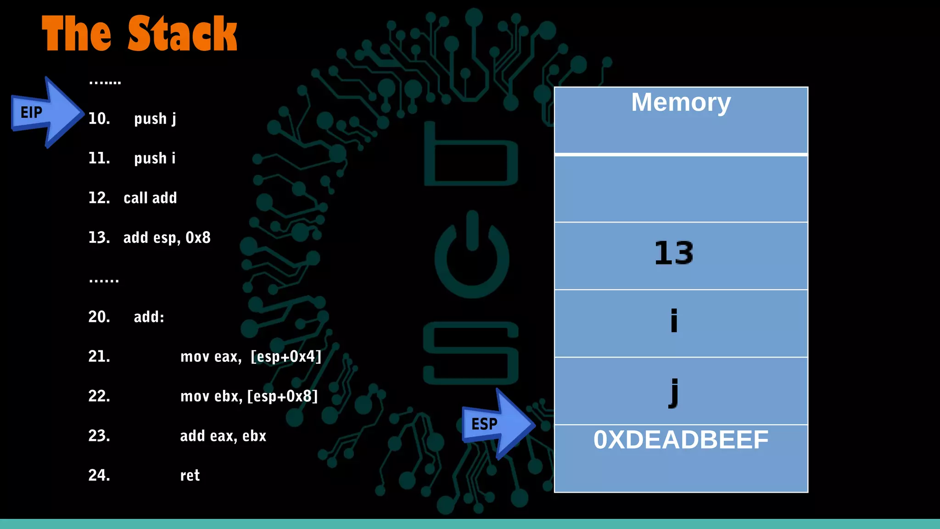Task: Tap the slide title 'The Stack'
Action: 139,34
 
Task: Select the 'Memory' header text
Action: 681,102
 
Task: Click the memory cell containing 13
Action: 681,255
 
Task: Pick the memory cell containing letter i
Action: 681,323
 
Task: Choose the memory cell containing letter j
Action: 681,391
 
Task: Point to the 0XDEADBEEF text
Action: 681,440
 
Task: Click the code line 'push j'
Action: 155,119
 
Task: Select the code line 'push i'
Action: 154,158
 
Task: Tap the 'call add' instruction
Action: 150,198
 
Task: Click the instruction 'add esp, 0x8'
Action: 167,238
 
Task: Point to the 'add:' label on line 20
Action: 149,317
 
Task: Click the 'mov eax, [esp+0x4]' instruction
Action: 251,356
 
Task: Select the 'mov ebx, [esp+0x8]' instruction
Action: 249,396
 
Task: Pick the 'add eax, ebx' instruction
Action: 223,436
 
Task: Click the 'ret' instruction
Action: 190,475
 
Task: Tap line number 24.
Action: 99,475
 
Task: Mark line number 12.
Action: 99,198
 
